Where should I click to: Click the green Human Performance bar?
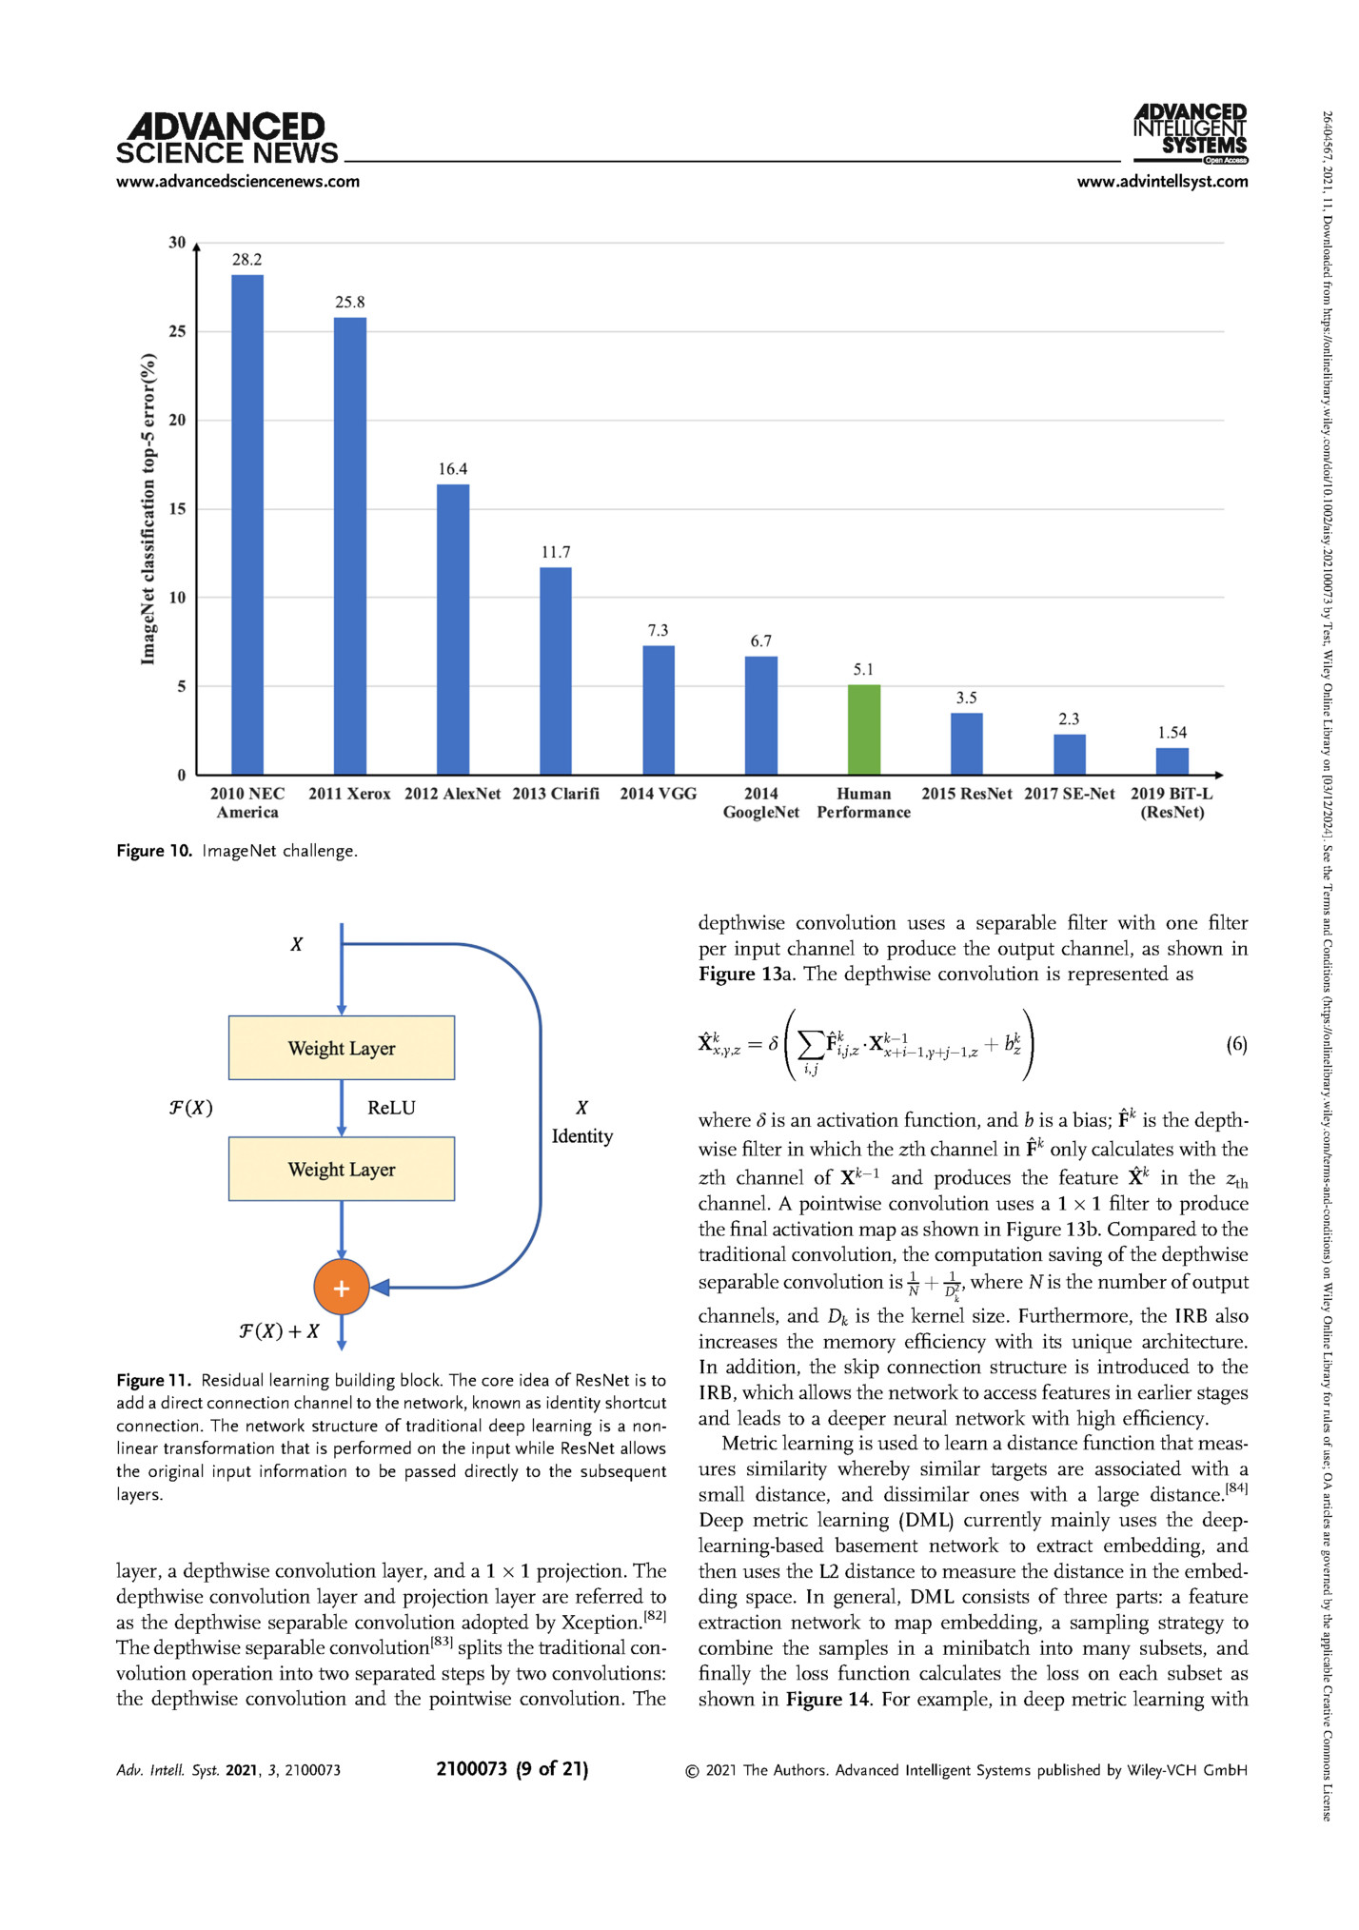point(863,729)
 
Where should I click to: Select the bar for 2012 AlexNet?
point(452,629)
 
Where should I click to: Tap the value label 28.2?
point(246,259)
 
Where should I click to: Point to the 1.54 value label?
point(1172,732)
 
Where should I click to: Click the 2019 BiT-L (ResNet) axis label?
point(1172,802)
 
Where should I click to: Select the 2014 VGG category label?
point(658,794)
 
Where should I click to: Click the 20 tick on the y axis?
point(178,420)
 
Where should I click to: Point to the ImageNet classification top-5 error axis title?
point(148,509)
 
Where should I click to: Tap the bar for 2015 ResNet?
point(966,743)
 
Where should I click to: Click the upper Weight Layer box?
point(341,1048)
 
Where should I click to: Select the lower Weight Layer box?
point(341,1169)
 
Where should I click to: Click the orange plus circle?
point(341,1288)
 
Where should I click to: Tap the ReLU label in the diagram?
point(391,1108)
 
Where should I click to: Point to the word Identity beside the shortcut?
point(581,1136)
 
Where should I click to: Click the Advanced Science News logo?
point(226,139)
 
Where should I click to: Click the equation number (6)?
point(1235,1044)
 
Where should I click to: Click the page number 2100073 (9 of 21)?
point(512,1769)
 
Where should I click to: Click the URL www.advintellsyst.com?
point(1162,182)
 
